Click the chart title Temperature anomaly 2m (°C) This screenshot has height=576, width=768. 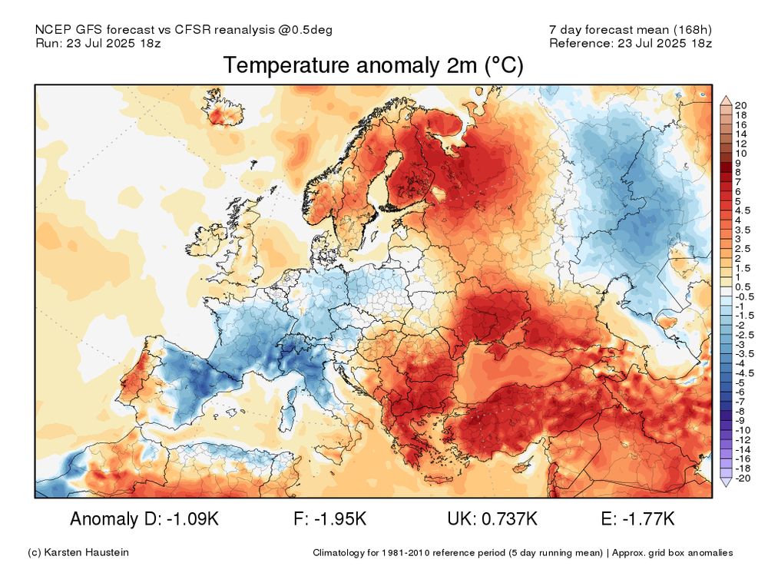coord(372,67)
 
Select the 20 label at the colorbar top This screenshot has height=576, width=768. coord(741,105)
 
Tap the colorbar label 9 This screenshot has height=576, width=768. coord(737,163)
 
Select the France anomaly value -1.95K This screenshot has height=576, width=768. coord(340,519)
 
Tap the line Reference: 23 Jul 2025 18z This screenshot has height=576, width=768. coord(630,43)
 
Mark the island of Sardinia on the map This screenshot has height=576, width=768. coord(290,416)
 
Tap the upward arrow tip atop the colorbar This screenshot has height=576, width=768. coord(725,100)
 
